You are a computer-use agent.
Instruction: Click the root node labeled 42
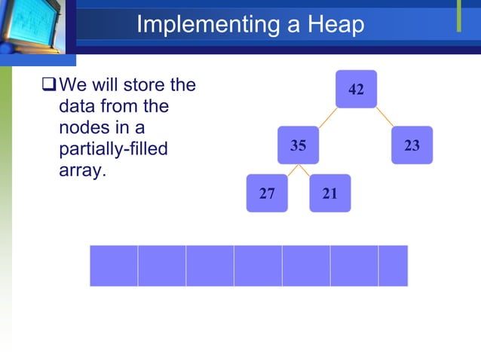click(x=356, y=90)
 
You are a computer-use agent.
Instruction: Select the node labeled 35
click(x=299, y=145)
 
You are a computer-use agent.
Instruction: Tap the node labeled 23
click(x=412, y=145)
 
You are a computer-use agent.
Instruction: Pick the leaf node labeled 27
click(x=267, y=194)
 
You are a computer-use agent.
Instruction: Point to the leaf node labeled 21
click(x=329, y=194)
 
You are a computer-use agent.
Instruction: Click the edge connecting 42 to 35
click(x=326, y=117)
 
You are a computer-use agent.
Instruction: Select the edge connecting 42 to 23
click(x=384, y=117)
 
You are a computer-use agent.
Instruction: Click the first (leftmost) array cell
click(x=114, y=266)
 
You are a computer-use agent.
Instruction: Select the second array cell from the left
click(x=162, y=266)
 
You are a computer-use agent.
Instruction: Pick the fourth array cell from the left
click(x=258, y=266)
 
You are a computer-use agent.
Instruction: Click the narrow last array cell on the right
click(x=393, y=266)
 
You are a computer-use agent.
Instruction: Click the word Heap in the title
click(x=335, y=25)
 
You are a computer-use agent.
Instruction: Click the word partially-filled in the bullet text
click(x=112, y=149)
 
